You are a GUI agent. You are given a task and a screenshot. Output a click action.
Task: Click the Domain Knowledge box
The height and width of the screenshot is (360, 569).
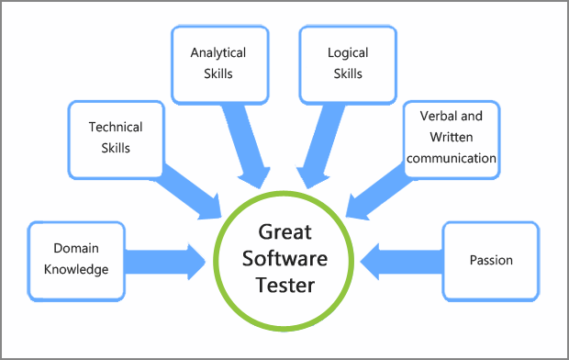click(77, 260)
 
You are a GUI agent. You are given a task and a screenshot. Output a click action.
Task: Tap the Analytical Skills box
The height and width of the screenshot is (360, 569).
click(218, 62)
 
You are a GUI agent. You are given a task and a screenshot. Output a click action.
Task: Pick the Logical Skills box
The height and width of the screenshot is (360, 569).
click(348, 62)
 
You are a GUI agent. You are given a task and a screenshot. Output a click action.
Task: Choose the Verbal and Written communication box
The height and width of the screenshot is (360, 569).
click(452, 137)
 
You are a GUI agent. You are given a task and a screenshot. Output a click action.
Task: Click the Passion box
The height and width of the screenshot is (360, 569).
click(490, 260)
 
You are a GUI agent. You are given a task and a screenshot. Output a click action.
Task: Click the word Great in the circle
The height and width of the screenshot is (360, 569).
click(284, 232)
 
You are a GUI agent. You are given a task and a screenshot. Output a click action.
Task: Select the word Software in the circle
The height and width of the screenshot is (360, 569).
click(284, 258)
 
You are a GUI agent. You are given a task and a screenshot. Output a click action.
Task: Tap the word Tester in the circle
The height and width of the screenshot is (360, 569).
click(284, 285)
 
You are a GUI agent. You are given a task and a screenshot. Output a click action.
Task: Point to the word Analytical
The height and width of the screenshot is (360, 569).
click(218, 52)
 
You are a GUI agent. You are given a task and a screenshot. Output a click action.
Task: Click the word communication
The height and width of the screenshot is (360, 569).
click(452, 158)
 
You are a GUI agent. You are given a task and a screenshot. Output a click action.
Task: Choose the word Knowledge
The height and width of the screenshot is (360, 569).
click(77, 270)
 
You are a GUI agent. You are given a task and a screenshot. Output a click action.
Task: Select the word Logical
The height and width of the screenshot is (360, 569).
click(348, 52)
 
